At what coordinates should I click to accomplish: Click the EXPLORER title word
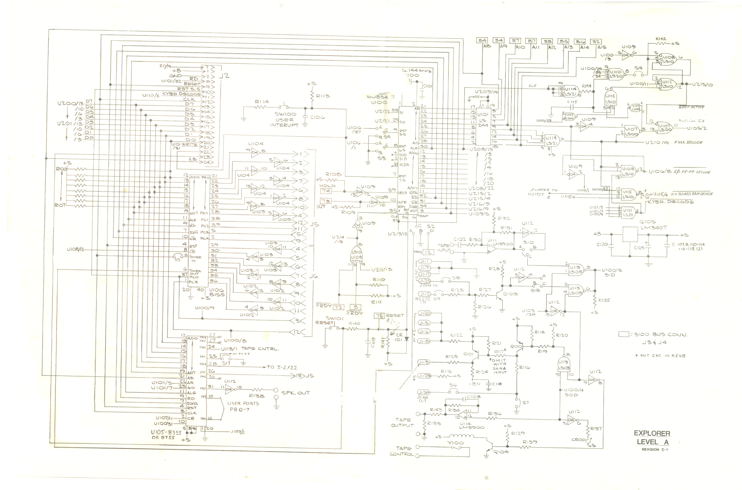tap(652, 434)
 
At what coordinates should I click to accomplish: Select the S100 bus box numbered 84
tap(482, 40)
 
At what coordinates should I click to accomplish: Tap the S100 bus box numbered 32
tap(596, 41)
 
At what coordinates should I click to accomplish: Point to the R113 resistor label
tap(323, 96)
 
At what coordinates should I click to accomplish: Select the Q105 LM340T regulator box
tap(630, 234)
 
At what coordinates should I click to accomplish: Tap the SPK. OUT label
tap(295, 393)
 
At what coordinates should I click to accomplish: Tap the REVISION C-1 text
tap(654, 450)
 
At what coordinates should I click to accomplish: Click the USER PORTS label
tap(243, 404)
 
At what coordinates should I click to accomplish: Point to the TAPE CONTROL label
tap(402, 451)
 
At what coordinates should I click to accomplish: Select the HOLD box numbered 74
tap(326, 191)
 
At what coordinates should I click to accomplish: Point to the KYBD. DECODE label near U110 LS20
tap(670, 202)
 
